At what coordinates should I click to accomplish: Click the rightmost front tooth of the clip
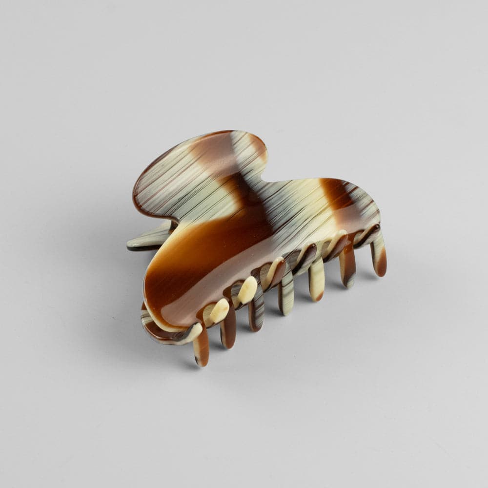tap(379, 257)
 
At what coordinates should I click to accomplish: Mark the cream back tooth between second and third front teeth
tap(246, 289)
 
